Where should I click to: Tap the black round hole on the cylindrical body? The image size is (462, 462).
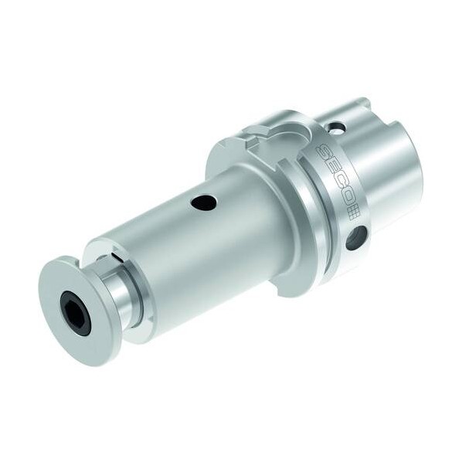coord(204,202)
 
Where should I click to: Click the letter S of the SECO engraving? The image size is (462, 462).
coord(323,153)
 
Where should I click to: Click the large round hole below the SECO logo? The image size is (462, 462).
coord(357,238)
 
